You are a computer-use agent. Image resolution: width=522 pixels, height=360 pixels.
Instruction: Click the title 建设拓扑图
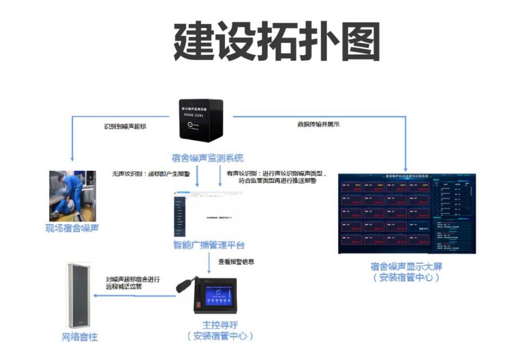click(x=277, y=43)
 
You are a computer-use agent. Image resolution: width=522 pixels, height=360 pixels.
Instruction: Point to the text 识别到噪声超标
click(x=125, y=125)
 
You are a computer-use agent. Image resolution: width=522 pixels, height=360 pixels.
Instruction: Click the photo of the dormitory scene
click(x=71, y=194)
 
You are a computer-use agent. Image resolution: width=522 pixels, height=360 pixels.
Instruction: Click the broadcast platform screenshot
click(x=207, y=215)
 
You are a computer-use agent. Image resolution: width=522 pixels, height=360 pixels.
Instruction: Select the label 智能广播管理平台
click(x=208, y=245)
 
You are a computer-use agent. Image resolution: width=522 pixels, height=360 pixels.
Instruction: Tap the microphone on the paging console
click(x=185, y=284)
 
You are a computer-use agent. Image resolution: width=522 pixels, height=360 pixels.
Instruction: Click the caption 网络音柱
click(x=79, y=337)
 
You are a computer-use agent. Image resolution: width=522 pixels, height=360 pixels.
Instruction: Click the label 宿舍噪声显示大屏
click(x=406, y=266)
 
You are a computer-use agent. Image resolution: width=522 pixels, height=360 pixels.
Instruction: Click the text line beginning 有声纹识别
click(x=276, y=173)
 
